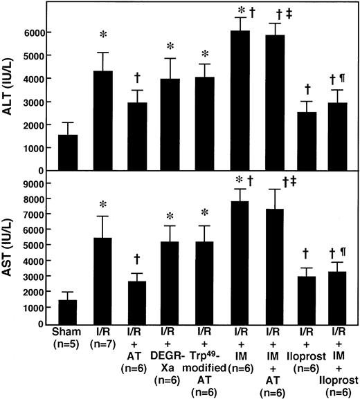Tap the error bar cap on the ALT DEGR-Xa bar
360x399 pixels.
(172, 59)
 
